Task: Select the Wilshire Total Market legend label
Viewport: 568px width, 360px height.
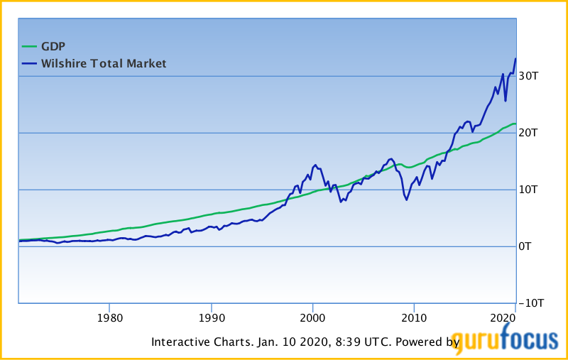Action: pos(104,64)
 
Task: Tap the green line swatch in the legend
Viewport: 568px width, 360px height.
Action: pos(28,47)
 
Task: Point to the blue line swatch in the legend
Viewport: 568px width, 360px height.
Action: pos(28,64)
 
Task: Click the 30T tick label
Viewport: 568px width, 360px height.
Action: pos(530,76)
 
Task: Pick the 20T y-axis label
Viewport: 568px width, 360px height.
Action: pos(530,133)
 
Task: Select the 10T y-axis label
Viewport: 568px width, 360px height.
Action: pos(530,190)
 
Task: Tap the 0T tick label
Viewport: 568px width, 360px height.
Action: pos(527,246)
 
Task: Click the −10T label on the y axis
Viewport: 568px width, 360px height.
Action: pos(532,303)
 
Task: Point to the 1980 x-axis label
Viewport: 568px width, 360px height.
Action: pos(109,317)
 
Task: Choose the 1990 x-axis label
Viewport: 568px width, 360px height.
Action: pos(211,317)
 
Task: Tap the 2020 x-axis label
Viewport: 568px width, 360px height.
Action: pos(503,317)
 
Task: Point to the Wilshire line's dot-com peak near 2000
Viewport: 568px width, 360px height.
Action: pos(315,165)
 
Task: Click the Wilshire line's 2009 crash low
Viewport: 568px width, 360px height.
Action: pos(407,200)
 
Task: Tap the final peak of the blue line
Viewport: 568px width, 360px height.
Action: pos(515,59)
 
